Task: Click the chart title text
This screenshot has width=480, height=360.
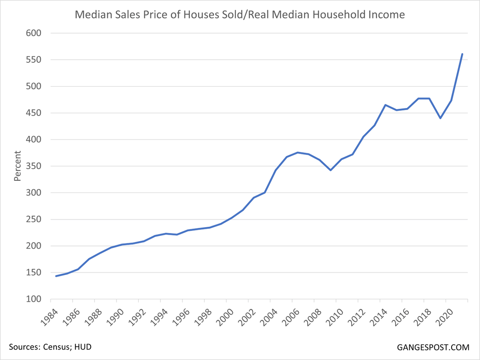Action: click(x=240, y=15)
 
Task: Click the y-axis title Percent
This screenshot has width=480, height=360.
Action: click(x=17, y=166)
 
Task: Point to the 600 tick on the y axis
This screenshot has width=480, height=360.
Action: click(x=34, y=34)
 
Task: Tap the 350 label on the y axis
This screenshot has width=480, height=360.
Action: click(x=34, y=166)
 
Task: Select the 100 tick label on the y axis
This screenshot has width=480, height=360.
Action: click(x=34, y=299)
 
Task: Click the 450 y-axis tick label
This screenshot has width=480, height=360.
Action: click(x=34, y=113)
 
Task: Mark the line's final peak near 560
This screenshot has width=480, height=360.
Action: click(x=462, y=54)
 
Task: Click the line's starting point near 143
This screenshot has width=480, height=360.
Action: click(x=56, y=276)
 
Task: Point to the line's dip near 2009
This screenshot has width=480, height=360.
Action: click(x=330, y=170)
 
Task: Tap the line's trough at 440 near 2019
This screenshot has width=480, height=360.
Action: click(x=440, y=118)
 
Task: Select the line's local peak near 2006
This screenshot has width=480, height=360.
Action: click(x=297, y=152)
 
